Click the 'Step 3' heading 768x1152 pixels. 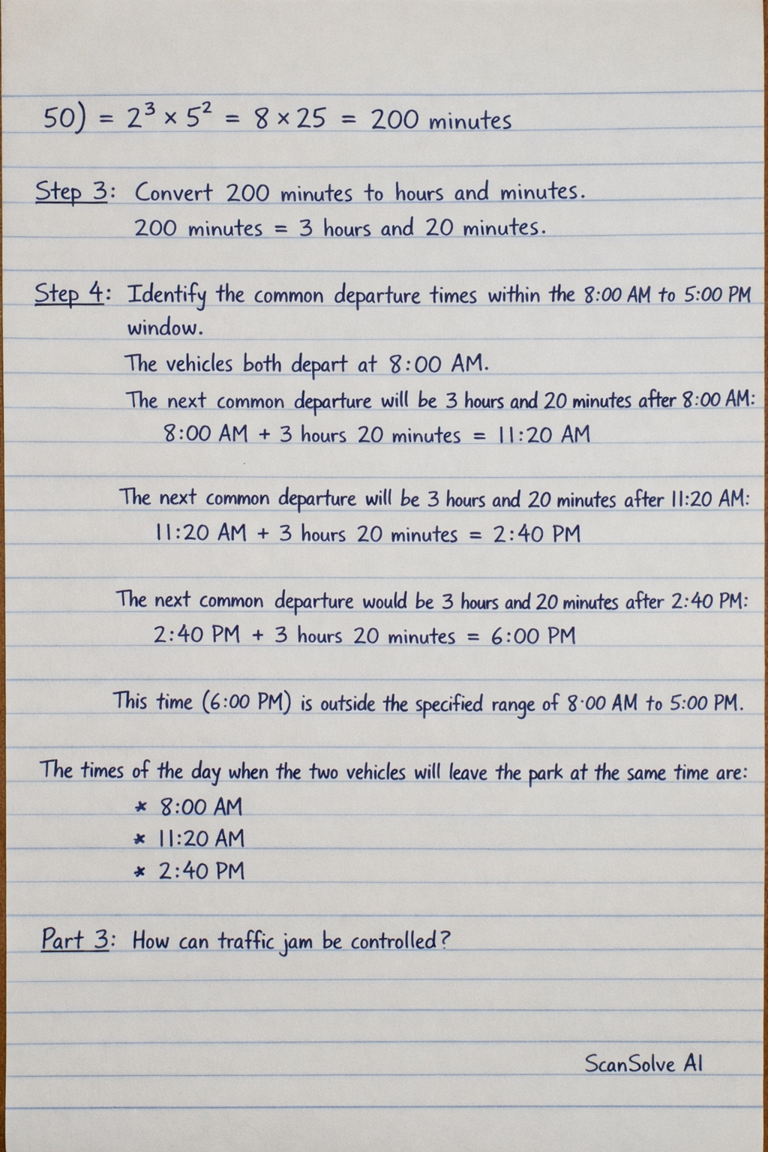click(x=72, y=192)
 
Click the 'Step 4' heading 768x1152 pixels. click(x=70, y=293)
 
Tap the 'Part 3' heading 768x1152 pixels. click(x=75, y=939)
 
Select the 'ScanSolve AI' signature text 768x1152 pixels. click(x=643, y=1063)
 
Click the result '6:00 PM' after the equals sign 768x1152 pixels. click(x=533, y=636)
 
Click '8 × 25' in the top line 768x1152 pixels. click(x=290, y=118)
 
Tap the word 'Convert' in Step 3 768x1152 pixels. click(x=173, y=193)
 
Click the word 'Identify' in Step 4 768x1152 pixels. click(x=166, y=294)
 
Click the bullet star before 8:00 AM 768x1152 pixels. click(x=139, y=808)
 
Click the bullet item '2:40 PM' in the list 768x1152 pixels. click(x=201, y=871)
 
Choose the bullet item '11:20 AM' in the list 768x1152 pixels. click(x=201, y=838)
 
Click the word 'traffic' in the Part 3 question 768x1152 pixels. click(x=246, y=940)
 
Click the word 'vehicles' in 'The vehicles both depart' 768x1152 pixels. click(x=199, y=364)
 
